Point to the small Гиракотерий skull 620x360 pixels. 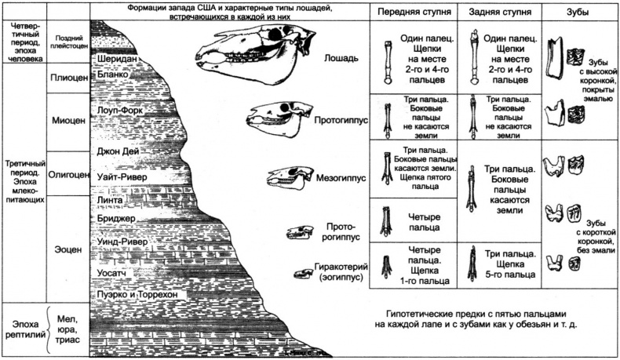[302, 273]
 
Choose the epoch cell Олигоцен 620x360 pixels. [67, 174]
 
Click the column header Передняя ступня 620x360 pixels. [412, 13]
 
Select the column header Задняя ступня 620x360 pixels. [499, 13]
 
